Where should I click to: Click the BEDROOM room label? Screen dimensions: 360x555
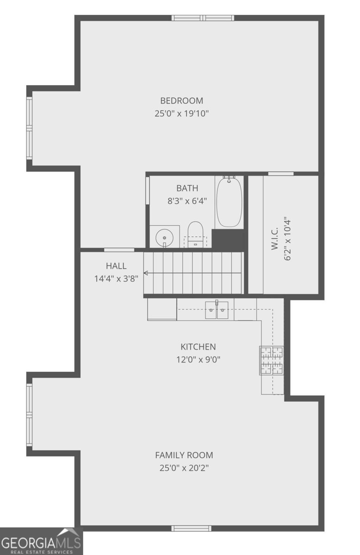(181, 101)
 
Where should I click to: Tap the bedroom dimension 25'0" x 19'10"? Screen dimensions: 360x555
(181, 113)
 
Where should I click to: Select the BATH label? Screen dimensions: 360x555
(187, 188)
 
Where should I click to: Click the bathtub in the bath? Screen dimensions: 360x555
(229, 201)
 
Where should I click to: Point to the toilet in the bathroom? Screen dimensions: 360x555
(195, 234)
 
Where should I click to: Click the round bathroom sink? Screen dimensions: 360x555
(164, 238)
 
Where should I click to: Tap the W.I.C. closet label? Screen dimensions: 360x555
(275, 238)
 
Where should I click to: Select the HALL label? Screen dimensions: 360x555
(116, 266)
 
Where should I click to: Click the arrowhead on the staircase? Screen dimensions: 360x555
(146, 273)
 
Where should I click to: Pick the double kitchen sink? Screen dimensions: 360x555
(217, 310)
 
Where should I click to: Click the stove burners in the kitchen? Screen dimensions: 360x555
(272, 360)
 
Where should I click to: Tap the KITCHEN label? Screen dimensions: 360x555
(198, 346)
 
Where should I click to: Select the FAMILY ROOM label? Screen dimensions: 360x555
(184, 455)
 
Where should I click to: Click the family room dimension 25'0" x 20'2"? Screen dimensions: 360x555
(184, 468)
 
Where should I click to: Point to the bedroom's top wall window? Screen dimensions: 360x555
(203, 18)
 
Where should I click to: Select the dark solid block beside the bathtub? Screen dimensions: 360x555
(228, 238)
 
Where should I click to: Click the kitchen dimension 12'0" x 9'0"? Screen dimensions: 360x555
(198, 359)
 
